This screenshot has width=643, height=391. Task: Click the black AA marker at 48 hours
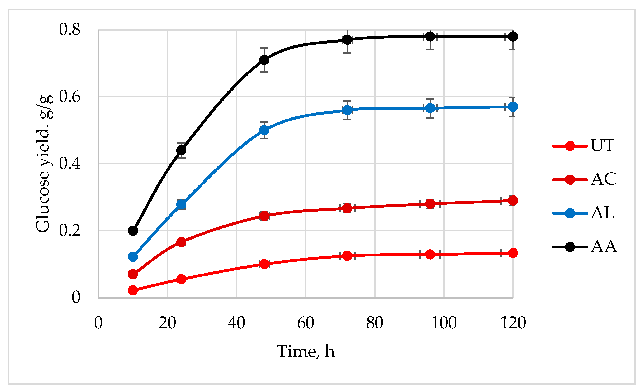click(x=264, y=60)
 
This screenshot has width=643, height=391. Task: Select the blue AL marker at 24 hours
click(x=181, y=204)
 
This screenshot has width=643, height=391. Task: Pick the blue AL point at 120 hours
click(x=513, y=107)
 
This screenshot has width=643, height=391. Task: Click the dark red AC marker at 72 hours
click(x=347, y=208)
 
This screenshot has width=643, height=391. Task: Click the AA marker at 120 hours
click(x=513, y=37)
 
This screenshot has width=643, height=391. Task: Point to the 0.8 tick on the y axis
click(x=69, y=29)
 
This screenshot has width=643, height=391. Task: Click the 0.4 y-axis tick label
click(x=69, y=164)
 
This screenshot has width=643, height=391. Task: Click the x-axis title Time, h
click(x=306, y=351)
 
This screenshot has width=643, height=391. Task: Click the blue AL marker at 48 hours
click(x=264, y=130)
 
